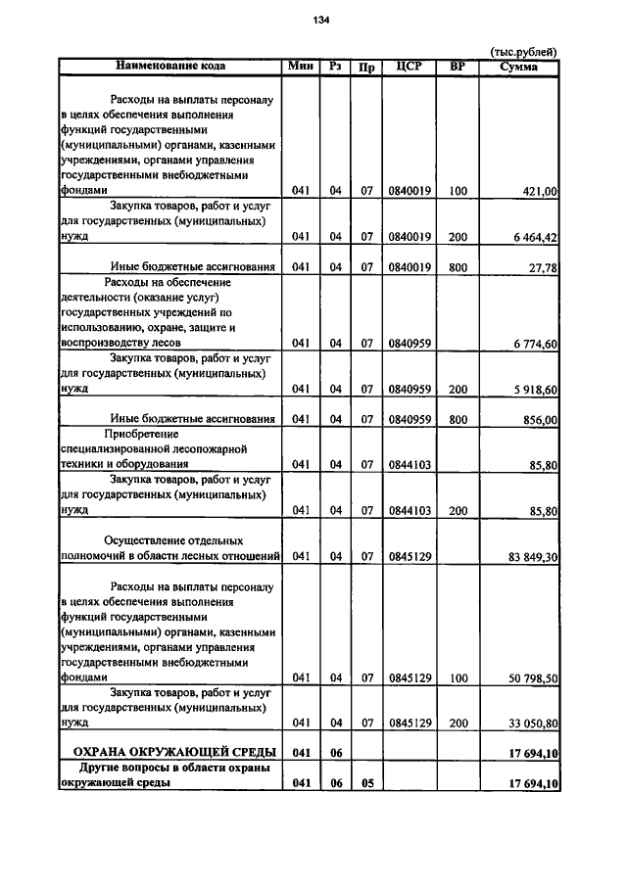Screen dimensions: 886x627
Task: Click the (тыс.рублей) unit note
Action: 524,52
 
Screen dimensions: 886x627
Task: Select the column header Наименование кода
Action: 170,67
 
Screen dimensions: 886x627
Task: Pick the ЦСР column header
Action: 410,67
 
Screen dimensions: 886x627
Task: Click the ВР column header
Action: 457,67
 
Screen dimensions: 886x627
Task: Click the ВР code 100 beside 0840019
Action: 458,192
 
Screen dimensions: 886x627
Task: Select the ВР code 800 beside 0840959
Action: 458,419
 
